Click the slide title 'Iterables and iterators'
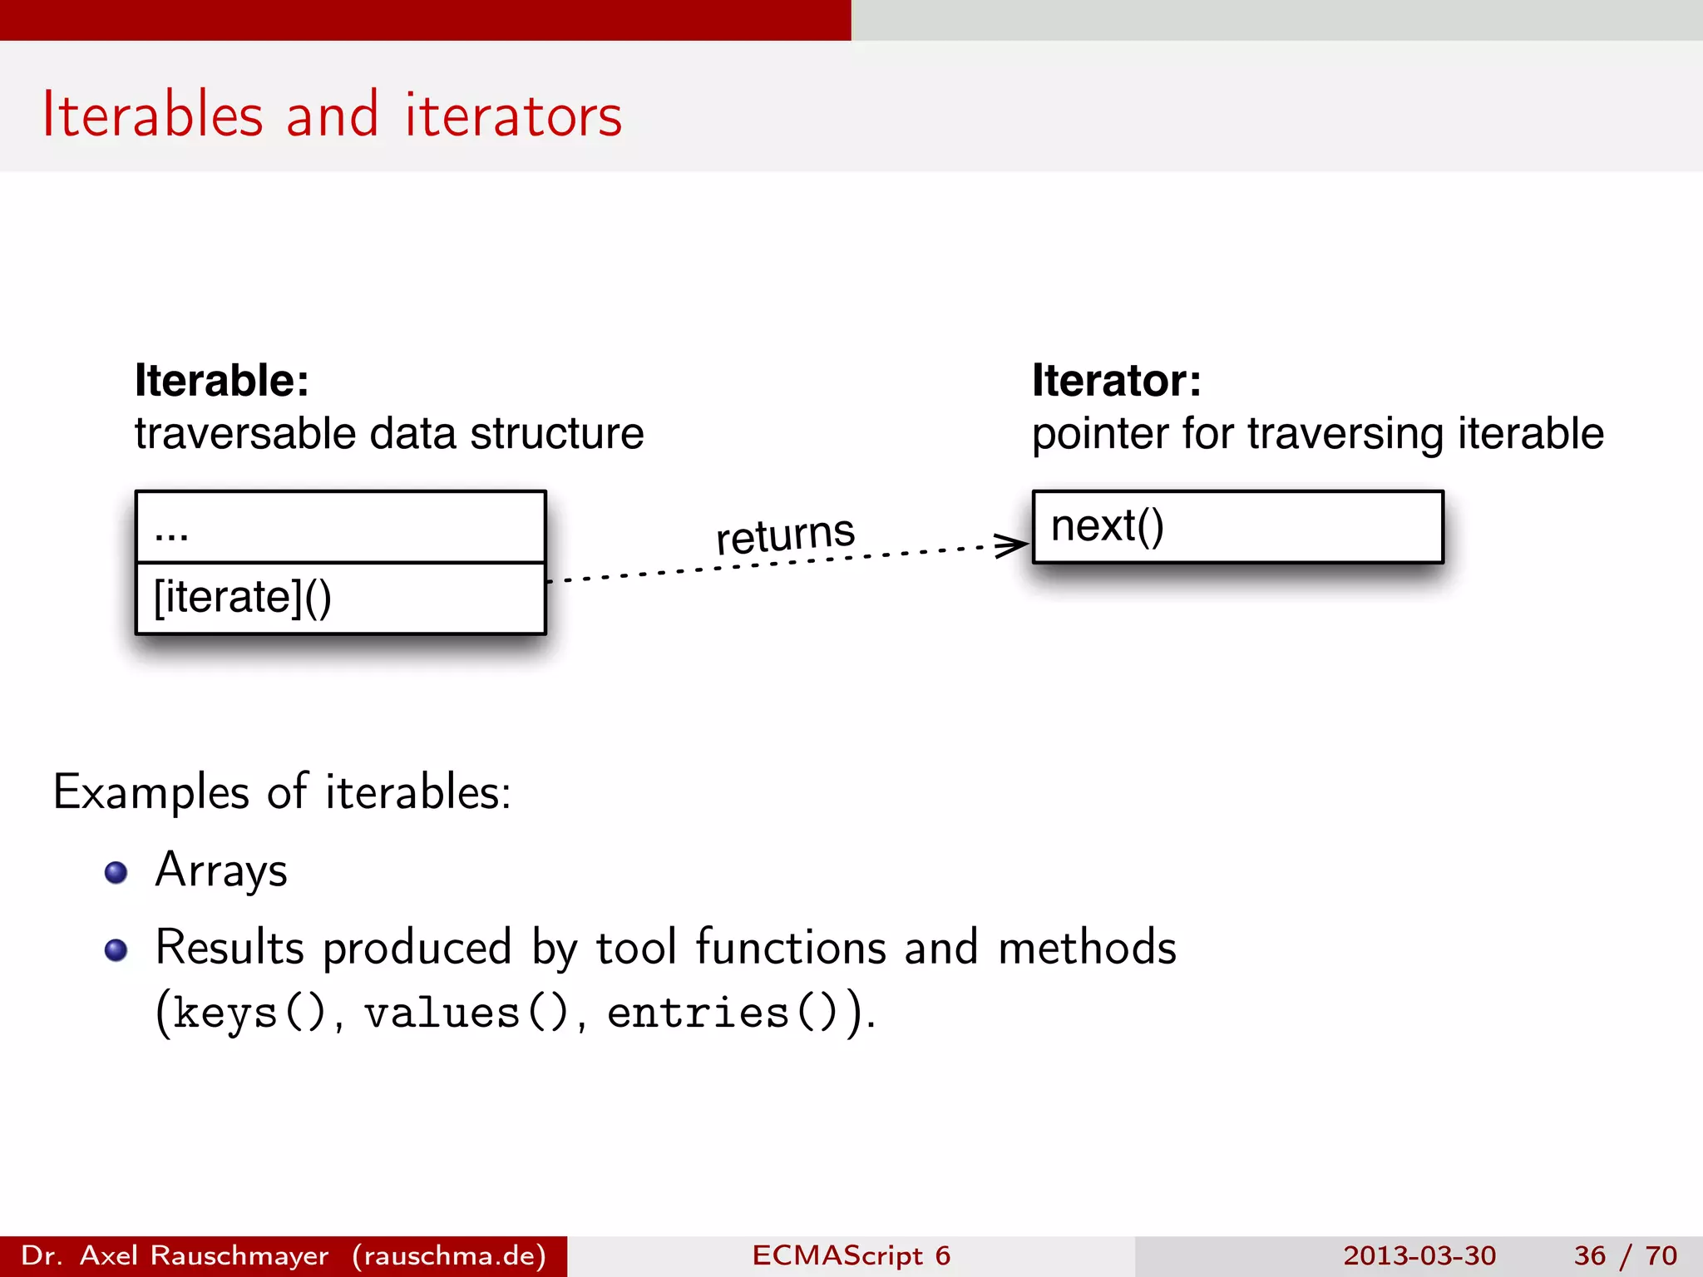pos(332,115)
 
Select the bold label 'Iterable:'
pos(222,381)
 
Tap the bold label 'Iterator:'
pos(1116,381)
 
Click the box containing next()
pos(1237,527)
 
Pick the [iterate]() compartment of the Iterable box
pos(340,599)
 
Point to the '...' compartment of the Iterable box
pos(340,527)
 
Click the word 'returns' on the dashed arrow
pos(785,533)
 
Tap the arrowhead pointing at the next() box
pos(1013,545)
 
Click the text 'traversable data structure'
pos(389,434)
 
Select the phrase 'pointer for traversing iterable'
pos(1317,434)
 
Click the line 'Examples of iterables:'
pos(282,791)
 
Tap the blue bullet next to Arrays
pos(116,872)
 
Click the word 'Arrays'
pos(221,870)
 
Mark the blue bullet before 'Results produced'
pos(116,949)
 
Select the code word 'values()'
pos(466,1013)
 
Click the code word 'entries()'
pos(722,1013)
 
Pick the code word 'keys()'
pos(249,1013)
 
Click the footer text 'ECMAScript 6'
pos(851,1255)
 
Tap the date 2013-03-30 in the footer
pos(1419,1255)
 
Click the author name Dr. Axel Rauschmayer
pos(175,1255)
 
